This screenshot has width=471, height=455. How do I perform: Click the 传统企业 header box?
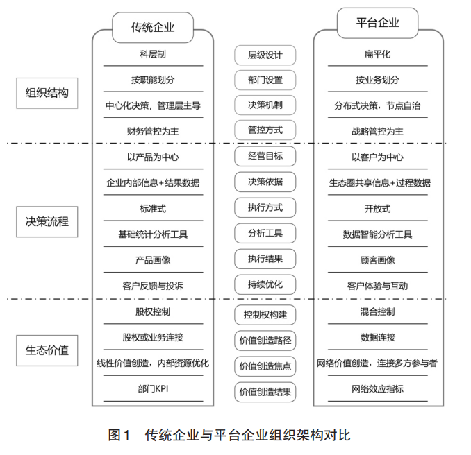tap(152, 28)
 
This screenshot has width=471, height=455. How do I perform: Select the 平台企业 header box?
tap(378, 22)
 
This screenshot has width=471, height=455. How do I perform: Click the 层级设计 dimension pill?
tap(265, 55)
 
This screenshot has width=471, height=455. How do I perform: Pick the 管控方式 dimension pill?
tap(265, 130)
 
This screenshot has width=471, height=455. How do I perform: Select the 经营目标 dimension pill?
tap(265, 156)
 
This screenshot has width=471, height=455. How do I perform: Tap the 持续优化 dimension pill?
tap(265, 284)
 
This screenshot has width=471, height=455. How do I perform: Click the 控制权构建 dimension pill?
tap(265, 314)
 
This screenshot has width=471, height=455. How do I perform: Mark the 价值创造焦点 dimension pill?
tap(265, 366)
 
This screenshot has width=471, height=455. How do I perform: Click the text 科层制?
tap(152, 53)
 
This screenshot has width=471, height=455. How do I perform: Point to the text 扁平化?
tap(377, 53)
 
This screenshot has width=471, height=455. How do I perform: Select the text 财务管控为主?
tap(152, 130)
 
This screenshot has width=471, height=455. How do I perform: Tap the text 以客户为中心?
tap(377, 157)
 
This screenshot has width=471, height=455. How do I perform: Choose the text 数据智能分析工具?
tap(377, 234)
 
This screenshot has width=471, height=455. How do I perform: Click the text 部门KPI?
tap(152, 389)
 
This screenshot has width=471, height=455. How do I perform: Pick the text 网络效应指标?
tap(377, 389)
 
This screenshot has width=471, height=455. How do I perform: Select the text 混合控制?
tap(377, 311)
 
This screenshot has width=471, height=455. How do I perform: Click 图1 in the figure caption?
tap(119, 435)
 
